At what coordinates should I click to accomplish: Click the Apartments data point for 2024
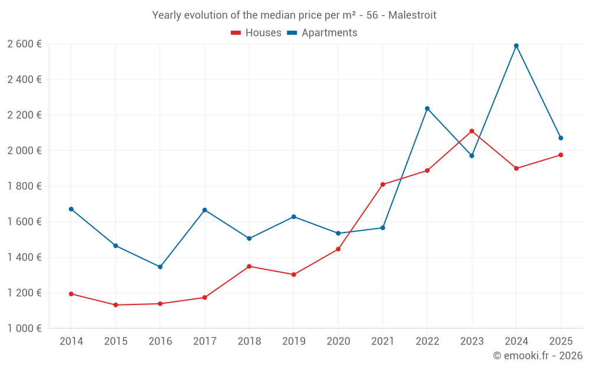(x=516, y=46)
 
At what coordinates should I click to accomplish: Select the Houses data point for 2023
(x=472, y=131)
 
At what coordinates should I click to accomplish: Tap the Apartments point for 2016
(x=160, y=267)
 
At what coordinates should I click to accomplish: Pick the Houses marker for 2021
(x=383, y=184)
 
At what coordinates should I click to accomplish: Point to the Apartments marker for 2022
(x=427, y=108)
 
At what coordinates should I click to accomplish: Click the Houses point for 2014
(x=71, y=294)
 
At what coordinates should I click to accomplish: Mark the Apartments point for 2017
(x=204, y=210)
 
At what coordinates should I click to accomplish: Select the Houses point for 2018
(x=249, y=266)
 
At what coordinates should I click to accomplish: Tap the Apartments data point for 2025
(x=561, y=138)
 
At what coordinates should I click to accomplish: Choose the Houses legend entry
(x=256, y=33)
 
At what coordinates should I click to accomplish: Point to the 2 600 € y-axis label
(x=24, y=44)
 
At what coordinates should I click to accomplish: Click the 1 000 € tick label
(x=24, y=329)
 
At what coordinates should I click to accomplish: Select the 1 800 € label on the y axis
(x=24, y=186)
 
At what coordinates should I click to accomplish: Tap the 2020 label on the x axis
(x=338, y=341)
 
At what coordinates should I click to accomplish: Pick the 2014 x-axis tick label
(x=71, y=341)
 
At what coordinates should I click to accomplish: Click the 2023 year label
(x=472, y=341)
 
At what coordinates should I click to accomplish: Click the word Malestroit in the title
(x=412, y=15)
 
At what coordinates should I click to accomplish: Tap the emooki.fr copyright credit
(x=538, y=356)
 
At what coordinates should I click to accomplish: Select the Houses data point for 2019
(x=293, y=274)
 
